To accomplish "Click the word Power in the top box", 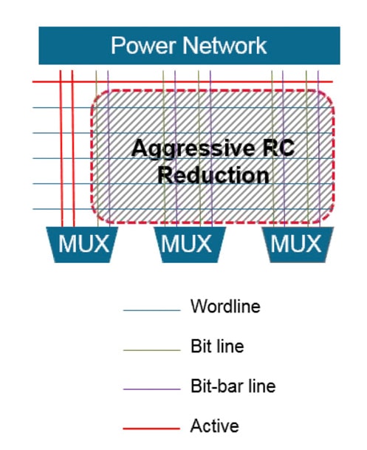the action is (x=143, y=45).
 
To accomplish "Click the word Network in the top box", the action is (x=224, y=45).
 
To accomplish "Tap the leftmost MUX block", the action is (x=82, y=245).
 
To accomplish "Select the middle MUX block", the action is (x=190, y=245).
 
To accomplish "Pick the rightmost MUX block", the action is (x=298, y=245).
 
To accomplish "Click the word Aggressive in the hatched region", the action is (x=193, y=149).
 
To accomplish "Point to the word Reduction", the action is (x=213, y=175).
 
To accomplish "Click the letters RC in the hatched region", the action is (x=278, y=148).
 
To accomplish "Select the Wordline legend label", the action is (x=225, y=306).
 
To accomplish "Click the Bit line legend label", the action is (x=217, y=346).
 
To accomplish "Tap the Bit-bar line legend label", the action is (x=233, y=386).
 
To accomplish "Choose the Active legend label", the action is (x=214, y=426).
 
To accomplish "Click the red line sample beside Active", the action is (x=151, y=429).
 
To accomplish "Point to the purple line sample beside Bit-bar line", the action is (x=151, y=389).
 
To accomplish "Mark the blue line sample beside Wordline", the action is (x=151, y=310).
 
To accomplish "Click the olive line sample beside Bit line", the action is (x=151, y=350).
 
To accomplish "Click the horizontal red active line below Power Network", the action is (x=182, y=82).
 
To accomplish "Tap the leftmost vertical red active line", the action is (x=61, y=149).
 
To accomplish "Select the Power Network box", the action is (x=189, y=45).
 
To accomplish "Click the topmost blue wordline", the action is (x=182, y=108).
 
